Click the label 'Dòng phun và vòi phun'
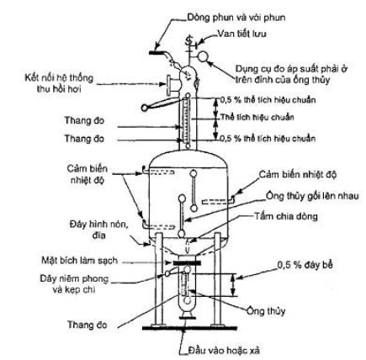tap(236, 18)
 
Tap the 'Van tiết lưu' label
tap(242, 34)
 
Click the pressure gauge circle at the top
tap(203, 56)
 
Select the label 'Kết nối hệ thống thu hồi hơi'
tap(59, 83)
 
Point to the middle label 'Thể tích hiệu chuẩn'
tap(257, 117)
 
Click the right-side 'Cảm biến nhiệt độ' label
tap(298, 174)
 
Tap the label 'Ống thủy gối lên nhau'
tap(312, 195)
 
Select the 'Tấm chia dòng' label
tap(286, 216)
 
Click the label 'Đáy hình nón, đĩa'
tap(99, 230)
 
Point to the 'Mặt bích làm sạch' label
tap(80, 261)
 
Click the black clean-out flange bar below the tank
tap(187, 262)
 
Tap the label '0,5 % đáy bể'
tap(305, 265)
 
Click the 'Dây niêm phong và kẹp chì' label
tap(74, 283)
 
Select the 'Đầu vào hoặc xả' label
tap(225, 350)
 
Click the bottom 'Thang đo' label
tap(88, 325)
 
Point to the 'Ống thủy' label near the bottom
tap(266, 311)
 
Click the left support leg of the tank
tap(159, 279)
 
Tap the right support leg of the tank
tap(217, 279)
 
